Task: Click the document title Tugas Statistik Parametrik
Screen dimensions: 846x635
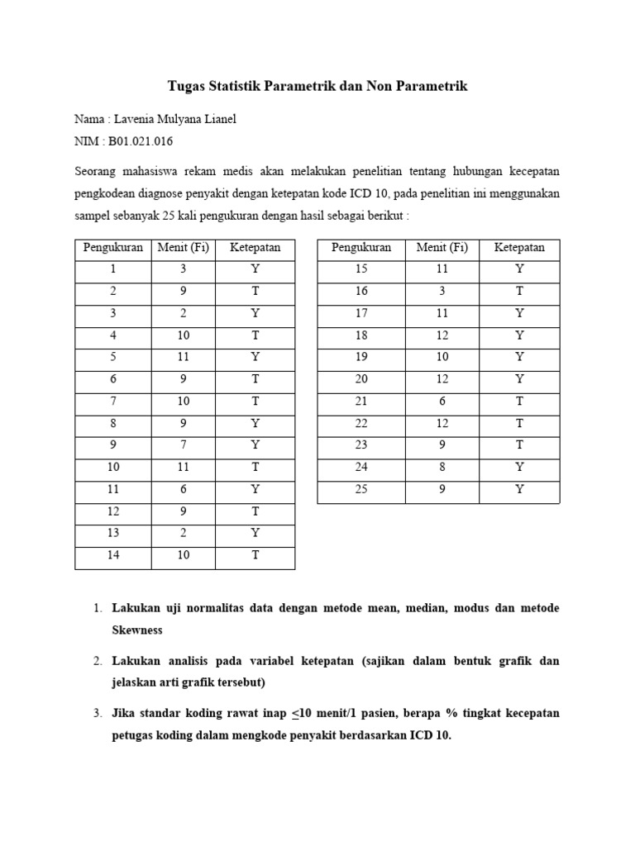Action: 317,86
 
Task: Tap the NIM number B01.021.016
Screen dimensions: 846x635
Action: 141,141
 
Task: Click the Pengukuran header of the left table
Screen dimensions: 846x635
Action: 113,248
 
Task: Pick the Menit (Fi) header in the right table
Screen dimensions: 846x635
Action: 442,248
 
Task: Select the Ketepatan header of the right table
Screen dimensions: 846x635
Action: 519,248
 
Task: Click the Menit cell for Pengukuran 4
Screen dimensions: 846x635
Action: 184,335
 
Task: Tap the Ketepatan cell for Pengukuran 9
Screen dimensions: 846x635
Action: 255,445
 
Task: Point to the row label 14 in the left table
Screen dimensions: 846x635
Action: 113,555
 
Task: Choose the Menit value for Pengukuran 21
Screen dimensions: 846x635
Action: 442,402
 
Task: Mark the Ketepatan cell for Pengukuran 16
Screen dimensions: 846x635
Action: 519,292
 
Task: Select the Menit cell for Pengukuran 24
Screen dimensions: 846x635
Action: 442,468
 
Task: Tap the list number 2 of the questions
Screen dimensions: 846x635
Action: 97,661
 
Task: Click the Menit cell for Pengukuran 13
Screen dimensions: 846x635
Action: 184,534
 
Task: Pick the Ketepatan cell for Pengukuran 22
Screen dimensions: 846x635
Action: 519,424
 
